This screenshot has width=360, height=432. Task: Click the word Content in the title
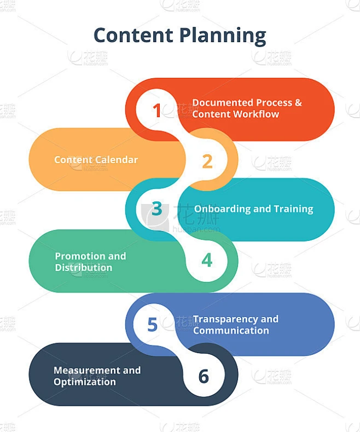pos(133,35)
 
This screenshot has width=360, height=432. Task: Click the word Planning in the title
pos(223,36)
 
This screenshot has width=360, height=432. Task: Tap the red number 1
pos(157,111)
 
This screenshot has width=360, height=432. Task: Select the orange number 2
pos(207,162)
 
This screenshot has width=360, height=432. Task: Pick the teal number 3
pos(157,209)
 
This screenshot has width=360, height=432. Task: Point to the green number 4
pos(207,260)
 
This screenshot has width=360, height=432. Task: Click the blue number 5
pos(152,324)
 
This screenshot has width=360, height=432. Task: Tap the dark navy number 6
pos(204,376)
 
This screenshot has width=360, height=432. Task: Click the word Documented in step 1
pos(223,102)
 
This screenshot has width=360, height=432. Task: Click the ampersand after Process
pos(298,102)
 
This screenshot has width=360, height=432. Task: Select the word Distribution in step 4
pos(84,268)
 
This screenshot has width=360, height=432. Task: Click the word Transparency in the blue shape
pos(225,320)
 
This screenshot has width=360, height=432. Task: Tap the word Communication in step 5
pos(231,330)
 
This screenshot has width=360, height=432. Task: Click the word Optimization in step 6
pos(85,382)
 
